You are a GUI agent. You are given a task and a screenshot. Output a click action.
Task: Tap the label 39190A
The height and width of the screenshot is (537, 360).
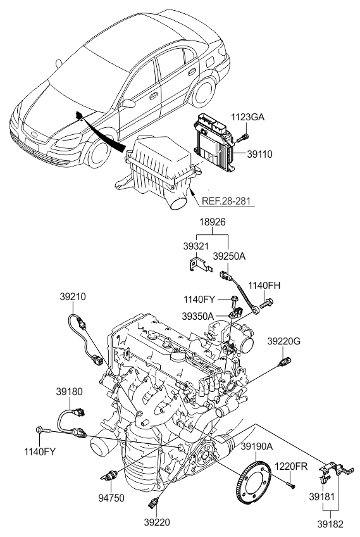click(x=256, y=446)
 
